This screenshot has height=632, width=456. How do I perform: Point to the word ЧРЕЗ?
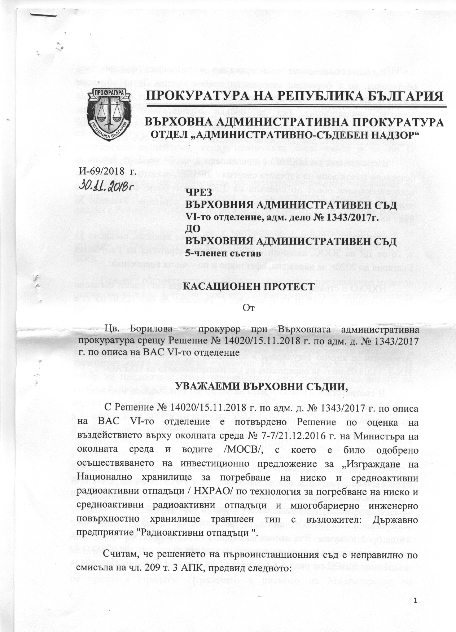pyautogui.click(x=197, y=194)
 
